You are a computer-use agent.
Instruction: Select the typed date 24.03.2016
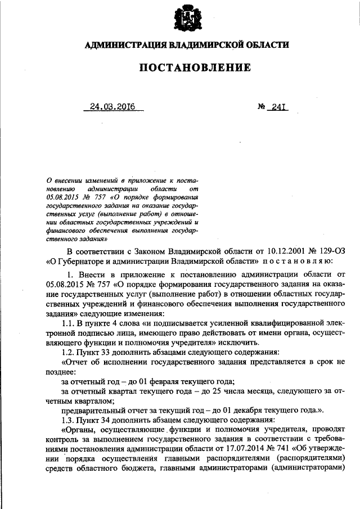[114, 106]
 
